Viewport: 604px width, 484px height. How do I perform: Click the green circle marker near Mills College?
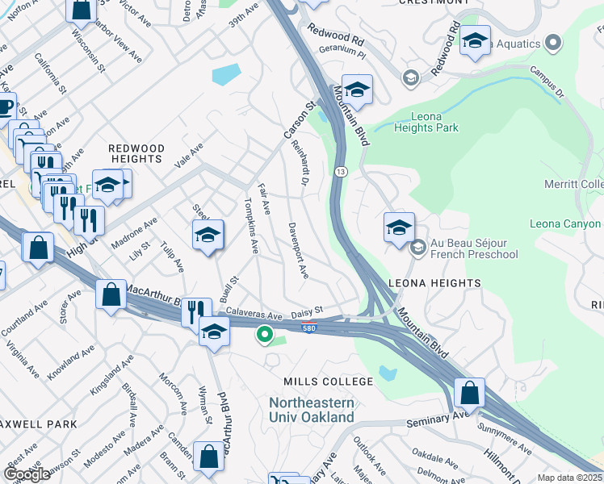point(264,333)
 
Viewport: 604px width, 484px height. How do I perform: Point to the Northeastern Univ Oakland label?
point(312,410)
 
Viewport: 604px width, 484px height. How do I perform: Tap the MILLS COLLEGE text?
point(328,382)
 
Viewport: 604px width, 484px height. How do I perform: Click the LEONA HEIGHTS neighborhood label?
point(434,283)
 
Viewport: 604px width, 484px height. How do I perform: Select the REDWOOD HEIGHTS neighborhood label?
point(136,154)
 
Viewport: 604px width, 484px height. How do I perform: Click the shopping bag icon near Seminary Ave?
point(469,393)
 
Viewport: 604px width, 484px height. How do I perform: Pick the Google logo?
point(27,474)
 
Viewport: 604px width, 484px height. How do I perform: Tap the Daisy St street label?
point(307,310)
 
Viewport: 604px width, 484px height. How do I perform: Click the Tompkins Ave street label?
point(250,224)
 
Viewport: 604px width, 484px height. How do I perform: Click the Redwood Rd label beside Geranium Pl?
point(340,37)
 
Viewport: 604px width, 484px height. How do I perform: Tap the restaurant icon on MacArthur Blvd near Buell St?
point(196,312)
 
